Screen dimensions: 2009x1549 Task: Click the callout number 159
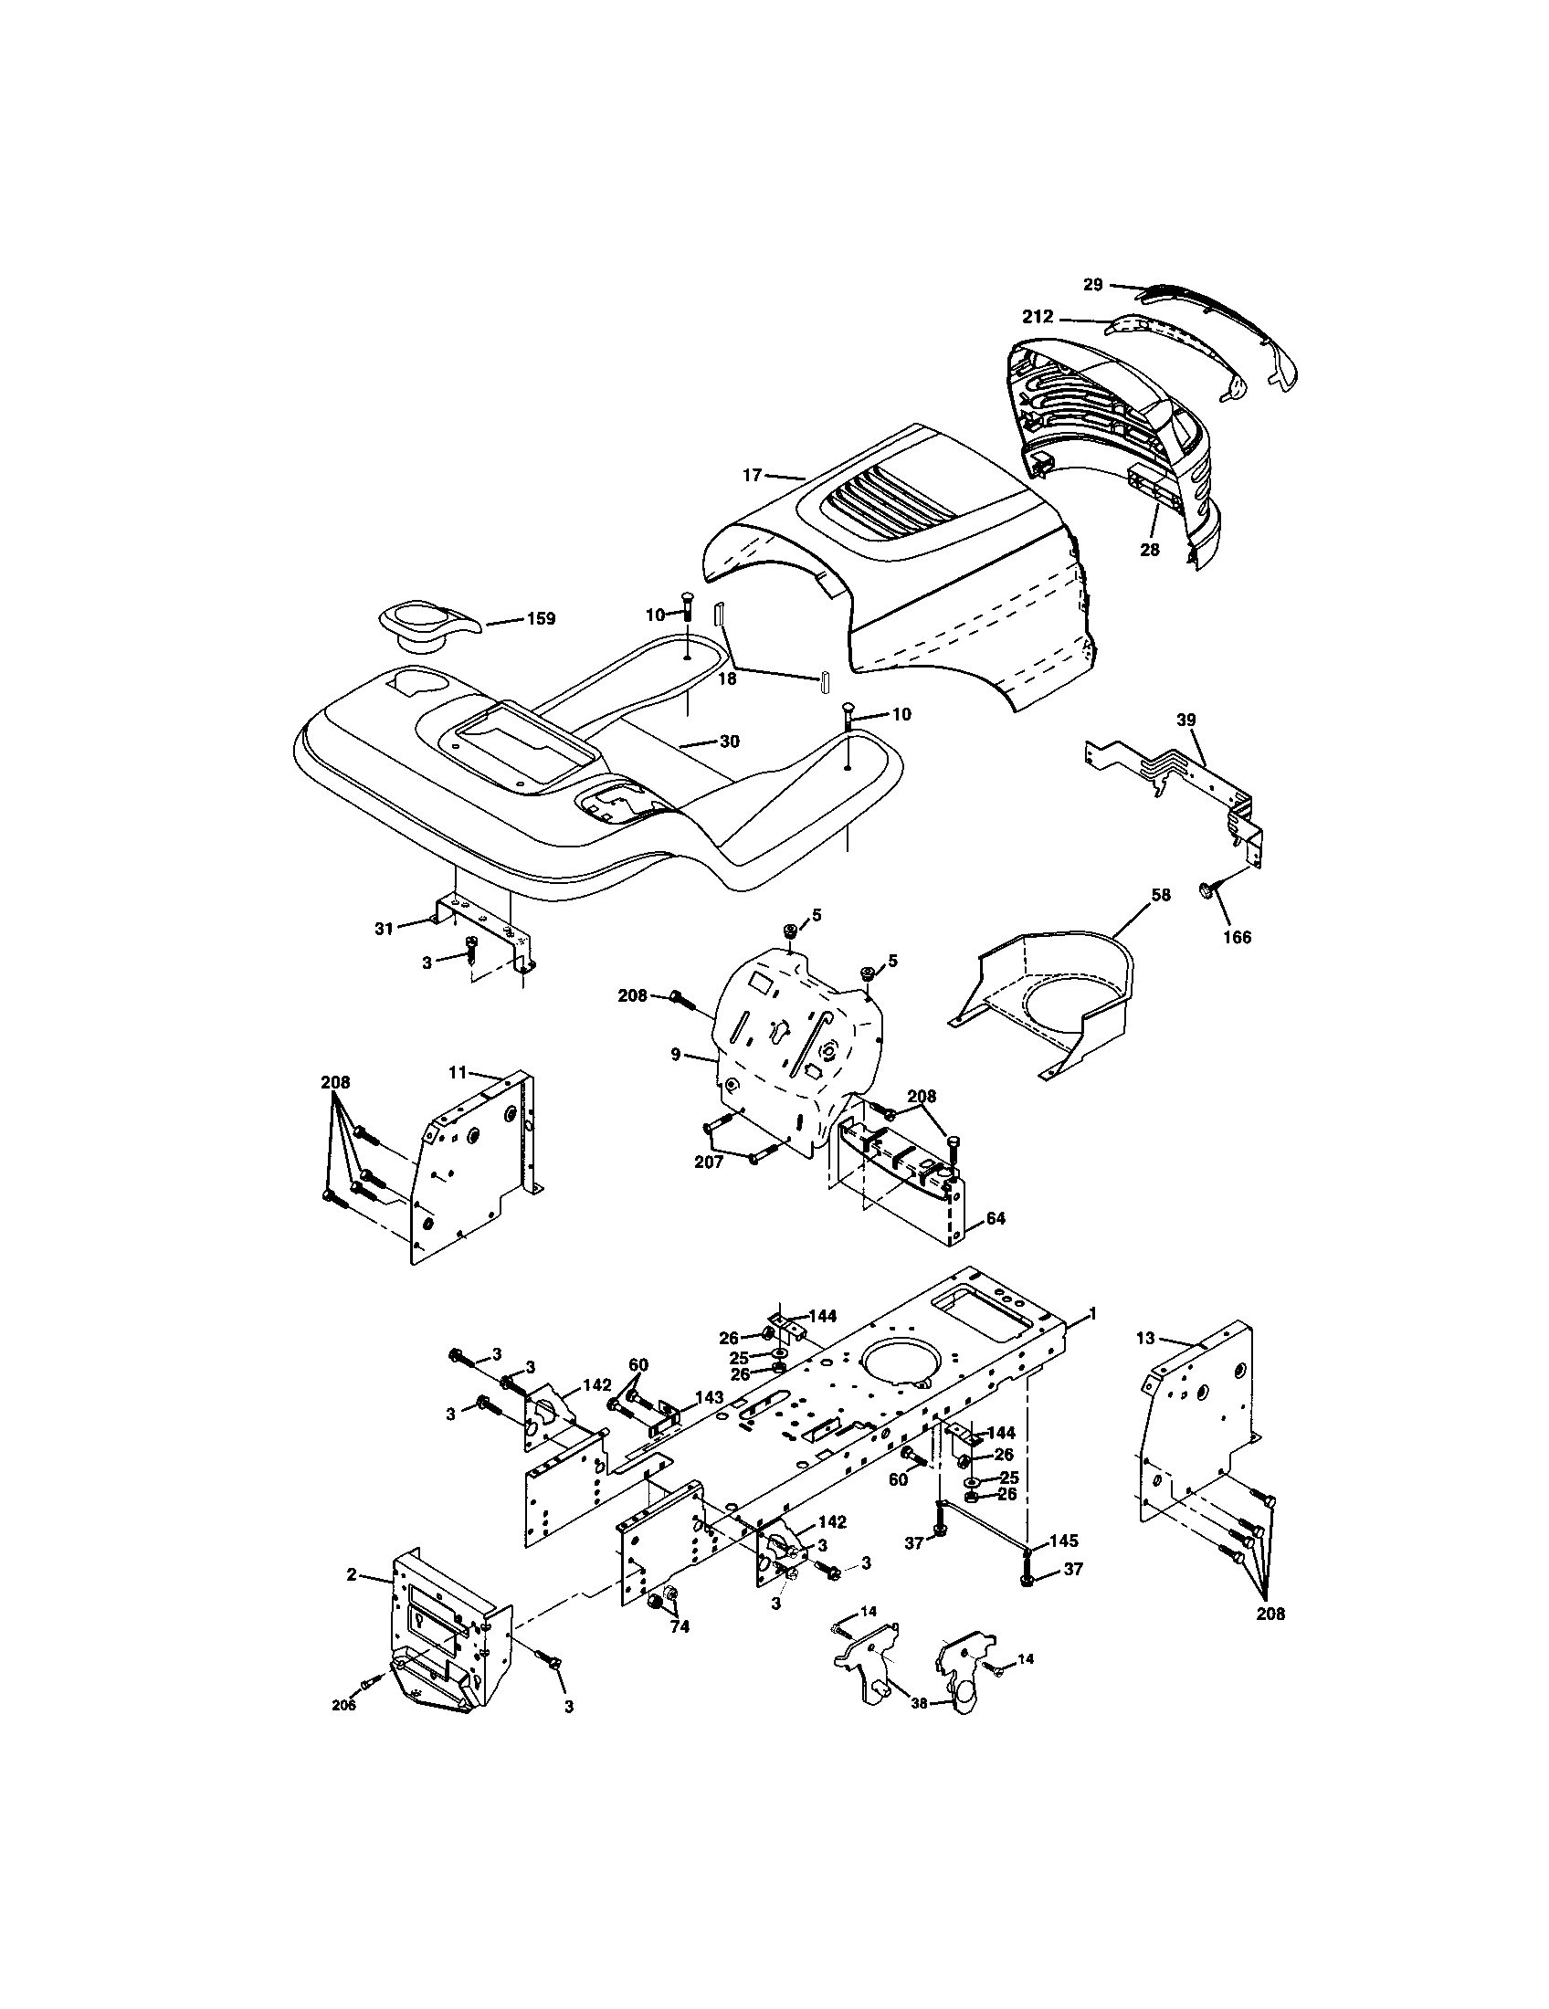pos(541,618)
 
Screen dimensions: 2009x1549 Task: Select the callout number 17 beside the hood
pos(753,475)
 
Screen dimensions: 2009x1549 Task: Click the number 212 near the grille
pos(1038,318)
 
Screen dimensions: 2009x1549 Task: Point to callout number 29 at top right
pos(1091,285)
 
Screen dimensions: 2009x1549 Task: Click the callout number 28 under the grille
pos(1150,550)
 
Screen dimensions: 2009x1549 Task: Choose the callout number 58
pos(1161,894)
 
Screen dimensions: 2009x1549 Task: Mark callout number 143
pos(708,1422)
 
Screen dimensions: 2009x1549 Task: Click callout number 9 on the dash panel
pos(676,1054)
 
